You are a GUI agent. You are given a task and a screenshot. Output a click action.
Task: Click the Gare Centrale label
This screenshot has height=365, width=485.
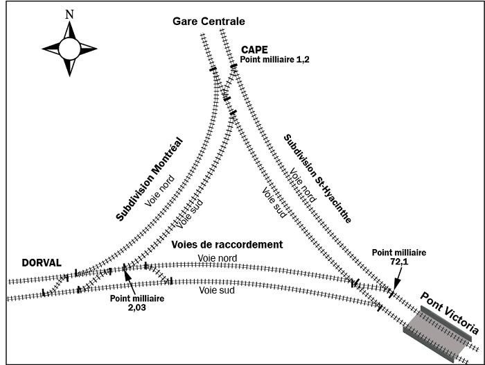[209, 22]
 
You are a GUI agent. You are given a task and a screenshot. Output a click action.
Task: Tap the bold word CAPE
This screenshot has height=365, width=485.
[254, 50]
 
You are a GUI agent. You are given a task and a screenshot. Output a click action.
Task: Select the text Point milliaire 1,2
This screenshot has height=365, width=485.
[275, 60]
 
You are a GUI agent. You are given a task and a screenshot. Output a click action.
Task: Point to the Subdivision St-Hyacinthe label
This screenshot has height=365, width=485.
[317, 179]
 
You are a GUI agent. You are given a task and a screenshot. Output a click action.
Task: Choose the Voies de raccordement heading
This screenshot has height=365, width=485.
[226, 245]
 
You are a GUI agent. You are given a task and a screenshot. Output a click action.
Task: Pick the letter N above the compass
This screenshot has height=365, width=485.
[69, 14]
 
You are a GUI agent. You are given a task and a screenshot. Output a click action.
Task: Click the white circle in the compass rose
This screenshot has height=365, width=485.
[69, 49]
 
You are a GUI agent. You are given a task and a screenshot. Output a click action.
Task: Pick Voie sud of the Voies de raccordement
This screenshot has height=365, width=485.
[218, 290]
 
